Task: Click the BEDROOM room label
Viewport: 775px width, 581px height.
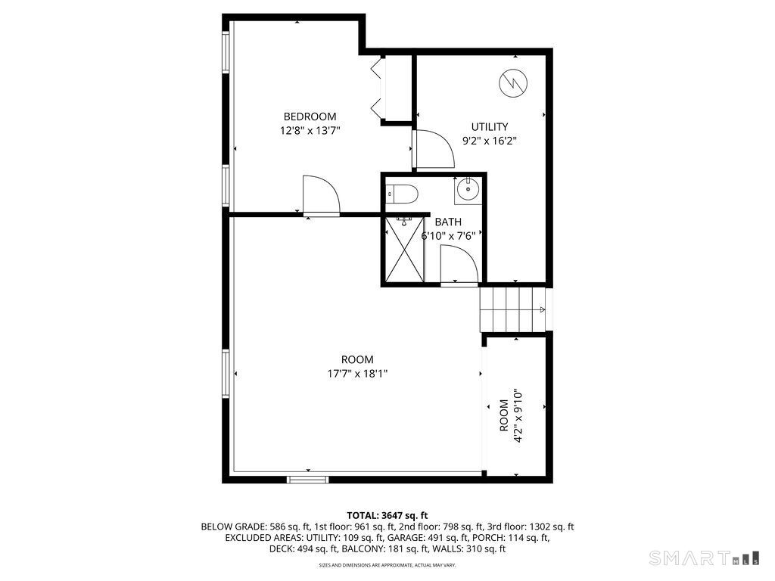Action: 310,117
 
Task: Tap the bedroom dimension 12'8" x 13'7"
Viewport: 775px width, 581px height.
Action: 310,130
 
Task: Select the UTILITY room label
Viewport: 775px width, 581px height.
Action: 490,127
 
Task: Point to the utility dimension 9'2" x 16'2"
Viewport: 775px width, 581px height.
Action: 490,141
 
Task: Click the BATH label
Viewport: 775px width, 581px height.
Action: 447,222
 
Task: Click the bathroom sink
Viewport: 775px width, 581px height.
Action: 467,190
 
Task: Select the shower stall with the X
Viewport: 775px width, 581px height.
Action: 403,250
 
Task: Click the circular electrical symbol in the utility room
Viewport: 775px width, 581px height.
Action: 512,82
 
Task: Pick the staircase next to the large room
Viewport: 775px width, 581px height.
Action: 512,309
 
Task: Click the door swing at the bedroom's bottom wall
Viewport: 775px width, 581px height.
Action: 320,196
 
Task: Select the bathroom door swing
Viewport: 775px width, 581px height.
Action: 459,265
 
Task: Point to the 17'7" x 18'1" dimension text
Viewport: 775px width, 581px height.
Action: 357,374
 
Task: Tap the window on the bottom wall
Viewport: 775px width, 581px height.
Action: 308,479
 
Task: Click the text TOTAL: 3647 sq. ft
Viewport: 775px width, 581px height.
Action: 387,515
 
